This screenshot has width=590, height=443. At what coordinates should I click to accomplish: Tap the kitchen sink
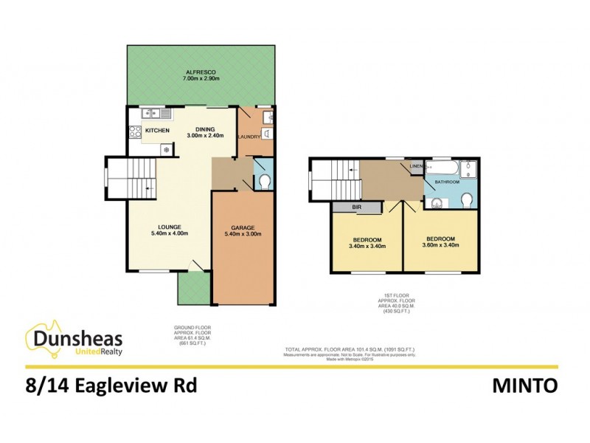(x=152, y=113)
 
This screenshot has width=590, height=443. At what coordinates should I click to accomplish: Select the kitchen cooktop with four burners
(x=136, y=132)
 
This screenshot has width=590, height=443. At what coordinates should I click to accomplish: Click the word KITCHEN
(x=157, y=131)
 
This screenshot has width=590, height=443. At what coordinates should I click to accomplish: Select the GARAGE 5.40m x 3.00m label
(x=243, y=231)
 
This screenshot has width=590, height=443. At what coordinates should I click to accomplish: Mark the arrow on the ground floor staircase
(x=149, y=190)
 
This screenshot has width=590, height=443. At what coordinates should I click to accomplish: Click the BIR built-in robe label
(x=356, y=208)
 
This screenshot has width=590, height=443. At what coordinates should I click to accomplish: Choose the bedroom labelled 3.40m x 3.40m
(x=367, y=244)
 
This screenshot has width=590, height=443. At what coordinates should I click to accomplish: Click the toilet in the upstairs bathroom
(x=466, y=200)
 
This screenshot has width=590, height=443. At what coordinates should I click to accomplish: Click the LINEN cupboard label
(x=416, y=166)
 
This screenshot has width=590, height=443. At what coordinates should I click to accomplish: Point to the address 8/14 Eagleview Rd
(x=111, y=385)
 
